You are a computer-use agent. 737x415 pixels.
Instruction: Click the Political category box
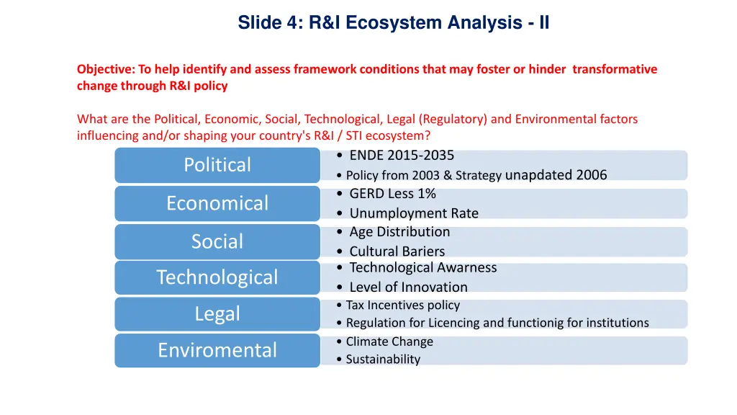pos(217,165)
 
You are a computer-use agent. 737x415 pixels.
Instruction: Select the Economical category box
pos(217,203)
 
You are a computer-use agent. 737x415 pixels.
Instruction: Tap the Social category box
pos(217,241)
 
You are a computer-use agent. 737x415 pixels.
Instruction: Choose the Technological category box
pos(217,277)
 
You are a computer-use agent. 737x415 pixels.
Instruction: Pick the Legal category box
pos(217,314)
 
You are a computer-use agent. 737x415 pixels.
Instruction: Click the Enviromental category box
pos(217,350)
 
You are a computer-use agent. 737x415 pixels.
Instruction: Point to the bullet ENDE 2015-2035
pos(401,156)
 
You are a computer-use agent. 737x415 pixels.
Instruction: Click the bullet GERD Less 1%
pos(392,193)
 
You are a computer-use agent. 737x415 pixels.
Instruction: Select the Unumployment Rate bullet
pos(413,213)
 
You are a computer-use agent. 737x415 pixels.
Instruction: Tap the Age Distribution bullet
pos(399,232)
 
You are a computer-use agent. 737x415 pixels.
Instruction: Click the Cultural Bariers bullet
pos(397,251)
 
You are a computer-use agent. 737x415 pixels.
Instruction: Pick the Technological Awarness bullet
pos(422,268)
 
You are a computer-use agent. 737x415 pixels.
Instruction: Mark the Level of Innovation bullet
pos(408,287)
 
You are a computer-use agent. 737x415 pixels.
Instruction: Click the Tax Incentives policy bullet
pos(402,305)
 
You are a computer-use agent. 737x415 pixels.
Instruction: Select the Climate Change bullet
pos(389,342)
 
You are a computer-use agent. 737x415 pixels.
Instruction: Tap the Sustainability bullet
pos(383,359)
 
